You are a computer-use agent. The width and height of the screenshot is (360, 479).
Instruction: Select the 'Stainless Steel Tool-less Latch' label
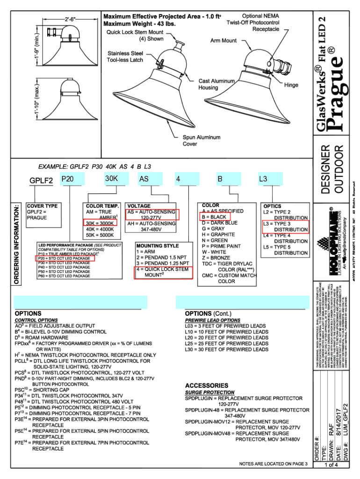125,57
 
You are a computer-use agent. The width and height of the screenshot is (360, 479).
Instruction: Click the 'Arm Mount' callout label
223,41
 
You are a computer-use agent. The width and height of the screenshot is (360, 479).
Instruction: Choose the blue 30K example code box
115,179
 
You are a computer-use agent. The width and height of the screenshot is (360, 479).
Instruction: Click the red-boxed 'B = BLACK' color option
215,217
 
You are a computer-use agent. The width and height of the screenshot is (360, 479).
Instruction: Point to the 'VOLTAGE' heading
139,206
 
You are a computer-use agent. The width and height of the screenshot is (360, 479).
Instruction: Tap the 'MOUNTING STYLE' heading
157,245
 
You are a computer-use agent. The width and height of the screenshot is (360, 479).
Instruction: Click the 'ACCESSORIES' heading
207,385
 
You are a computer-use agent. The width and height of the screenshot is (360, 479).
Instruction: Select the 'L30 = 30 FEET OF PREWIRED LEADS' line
227,349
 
